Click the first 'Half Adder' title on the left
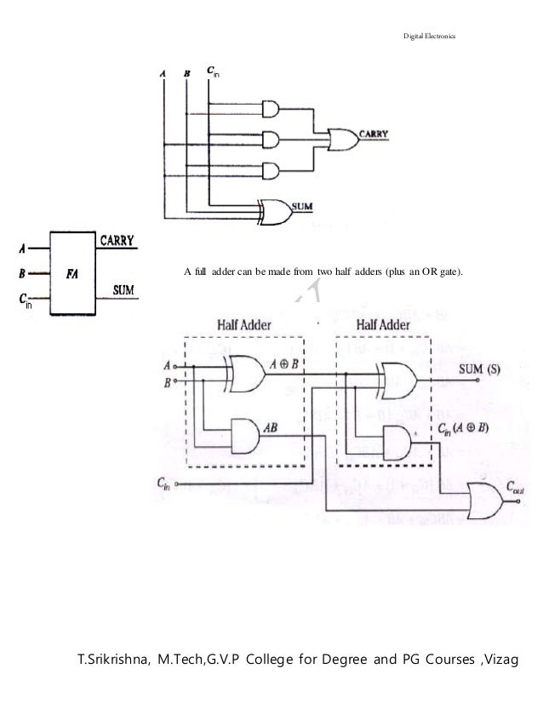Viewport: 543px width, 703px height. pyautogui.click(x=242, y=325)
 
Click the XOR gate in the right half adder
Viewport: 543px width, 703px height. pyautogui.click(x=397, y=380)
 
